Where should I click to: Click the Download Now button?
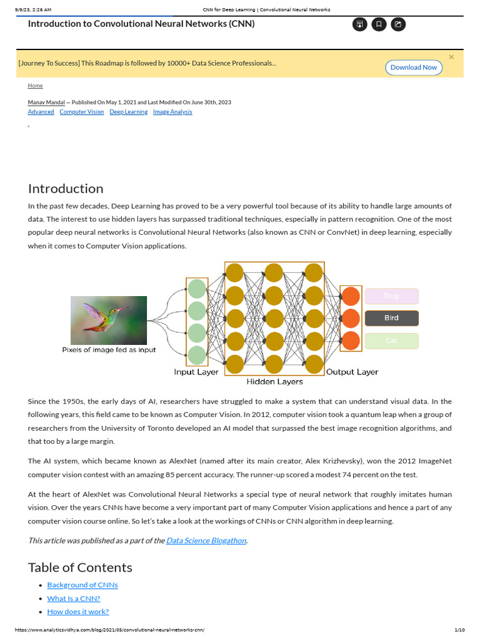(413, 68)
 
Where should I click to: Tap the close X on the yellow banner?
(451, 57)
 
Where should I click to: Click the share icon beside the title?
(397, 24)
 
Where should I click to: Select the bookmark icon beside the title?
(378, 24)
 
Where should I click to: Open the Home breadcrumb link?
(35, 86)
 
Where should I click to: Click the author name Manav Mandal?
(46, 102)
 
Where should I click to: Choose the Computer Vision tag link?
(82, 112)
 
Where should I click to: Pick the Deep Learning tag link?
(129, 112)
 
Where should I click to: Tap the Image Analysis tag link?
(172, 112)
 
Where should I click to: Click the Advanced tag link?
(41, 112)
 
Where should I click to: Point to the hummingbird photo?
(109, 320)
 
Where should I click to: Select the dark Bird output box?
(391, 318)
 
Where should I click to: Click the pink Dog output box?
(391, 296)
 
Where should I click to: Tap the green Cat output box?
(391, 341)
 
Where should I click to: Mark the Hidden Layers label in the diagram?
(274, 381)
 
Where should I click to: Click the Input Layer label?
(196, 372)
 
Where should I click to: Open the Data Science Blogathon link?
(206, 540)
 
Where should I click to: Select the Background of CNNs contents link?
(82, 585)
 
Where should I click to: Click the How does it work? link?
(78, 612)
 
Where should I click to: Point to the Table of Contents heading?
(80, 567)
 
